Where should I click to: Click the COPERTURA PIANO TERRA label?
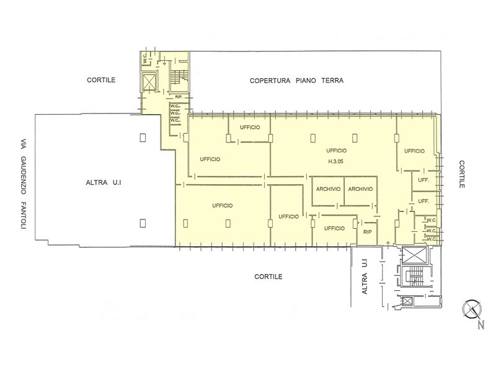(296, 81)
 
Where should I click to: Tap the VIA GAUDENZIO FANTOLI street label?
(23, 183)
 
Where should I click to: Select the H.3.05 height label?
(335, 161)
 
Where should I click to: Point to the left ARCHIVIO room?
(328, 191)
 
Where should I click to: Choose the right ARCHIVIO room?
(361, 191)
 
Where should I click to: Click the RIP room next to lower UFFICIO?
(368, 232)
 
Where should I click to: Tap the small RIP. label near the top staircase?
(179, 97)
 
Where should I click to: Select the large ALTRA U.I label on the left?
(104, 182)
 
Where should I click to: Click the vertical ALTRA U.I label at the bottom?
(365, 277)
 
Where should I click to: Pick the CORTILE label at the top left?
(101, 80)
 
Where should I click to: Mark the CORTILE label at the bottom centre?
(268, 277)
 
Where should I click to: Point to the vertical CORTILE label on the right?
(462, 174)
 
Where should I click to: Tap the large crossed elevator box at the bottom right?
(414, 255)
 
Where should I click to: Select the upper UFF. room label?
(423, 180)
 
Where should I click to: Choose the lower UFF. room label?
(423, 201)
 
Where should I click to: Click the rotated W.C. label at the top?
(144, 58)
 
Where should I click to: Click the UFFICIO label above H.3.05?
(337, 151)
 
